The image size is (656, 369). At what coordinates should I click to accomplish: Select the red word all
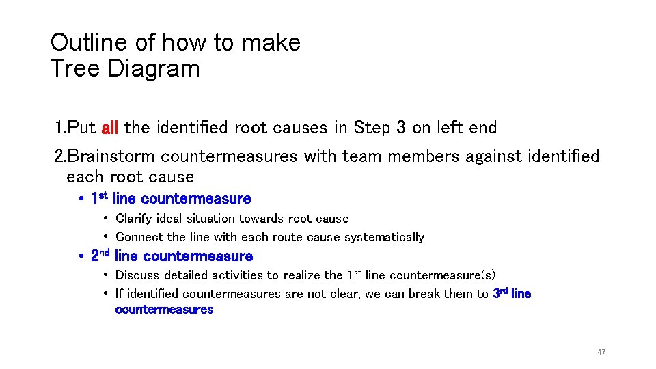(110, 128)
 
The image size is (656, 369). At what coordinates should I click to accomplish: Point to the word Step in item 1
(371, 128)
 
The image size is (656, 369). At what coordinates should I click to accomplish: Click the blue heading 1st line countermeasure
(171, 199)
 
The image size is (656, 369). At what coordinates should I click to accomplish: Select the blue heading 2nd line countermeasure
(172, 256)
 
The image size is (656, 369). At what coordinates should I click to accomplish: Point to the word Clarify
(136, 219)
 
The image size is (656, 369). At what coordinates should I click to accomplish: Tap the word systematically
(384, 237)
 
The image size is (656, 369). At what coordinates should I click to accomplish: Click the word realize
(299, 275)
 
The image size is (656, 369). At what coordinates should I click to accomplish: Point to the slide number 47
(601, 352)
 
